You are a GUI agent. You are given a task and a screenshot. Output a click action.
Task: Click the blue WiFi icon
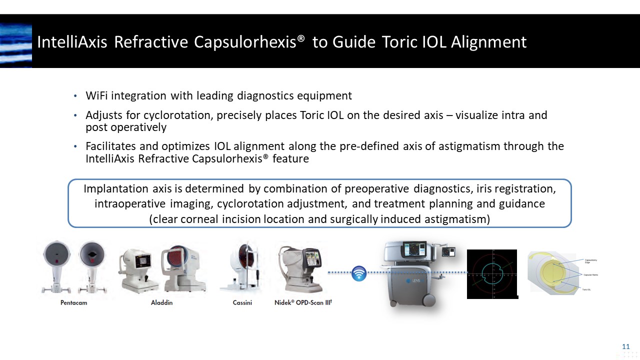coord(359,273)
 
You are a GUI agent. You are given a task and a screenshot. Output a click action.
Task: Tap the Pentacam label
coord(74,302)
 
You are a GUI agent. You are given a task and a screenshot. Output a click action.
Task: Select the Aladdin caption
coord(162,302)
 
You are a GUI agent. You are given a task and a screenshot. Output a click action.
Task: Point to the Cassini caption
coord(242,302)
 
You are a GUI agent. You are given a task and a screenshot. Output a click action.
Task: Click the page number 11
coord(625,346)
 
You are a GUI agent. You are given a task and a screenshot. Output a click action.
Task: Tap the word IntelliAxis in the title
coord(72,42)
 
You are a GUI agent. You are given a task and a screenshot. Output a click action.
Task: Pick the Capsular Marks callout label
coord(591,275)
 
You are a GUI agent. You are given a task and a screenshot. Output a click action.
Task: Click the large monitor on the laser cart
coord(413,249)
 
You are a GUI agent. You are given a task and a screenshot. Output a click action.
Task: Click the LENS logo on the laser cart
coord(412,281)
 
